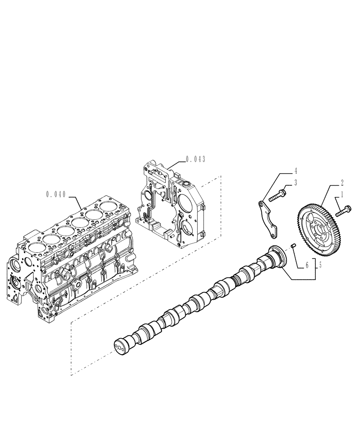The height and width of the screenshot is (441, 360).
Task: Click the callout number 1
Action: (x=342, y=194)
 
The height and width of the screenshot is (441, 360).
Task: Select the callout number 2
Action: (x=342, y=181)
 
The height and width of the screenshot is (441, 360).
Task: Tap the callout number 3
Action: (x=296, y=182)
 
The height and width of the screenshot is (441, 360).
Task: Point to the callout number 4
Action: (x=296, y=170)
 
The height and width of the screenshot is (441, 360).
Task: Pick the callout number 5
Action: (x=319, y=265)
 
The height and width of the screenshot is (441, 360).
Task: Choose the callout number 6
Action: (x=306, y=265)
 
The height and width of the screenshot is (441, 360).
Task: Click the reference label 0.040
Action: (x=55, y=194)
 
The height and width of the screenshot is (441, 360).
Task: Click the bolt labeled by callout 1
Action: (x=343, y=211)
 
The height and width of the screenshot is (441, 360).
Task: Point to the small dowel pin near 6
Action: (x=292, y=246)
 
